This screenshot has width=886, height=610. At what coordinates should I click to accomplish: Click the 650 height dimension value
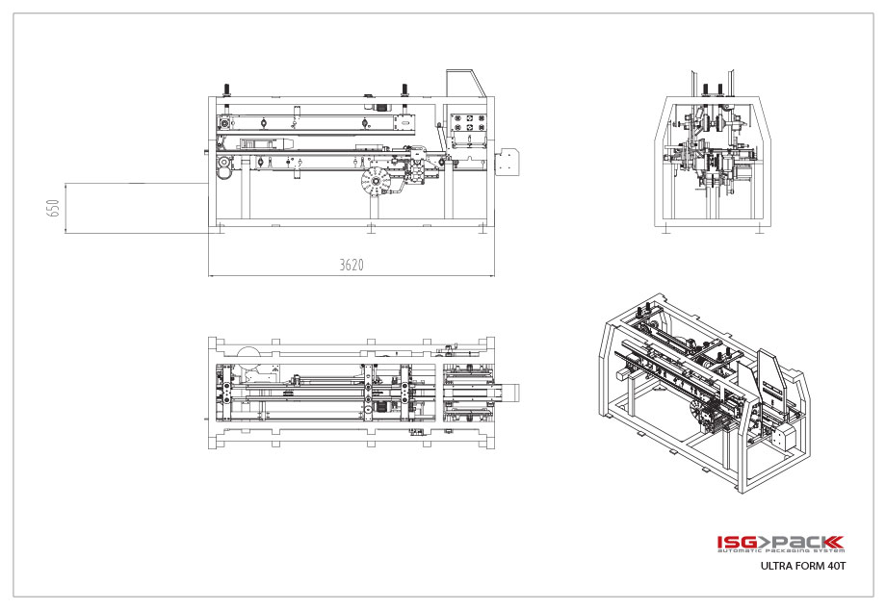(x=54, y=208)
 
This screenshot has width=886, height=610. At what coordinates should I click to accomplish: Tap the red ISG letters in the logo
(x=737, y=543)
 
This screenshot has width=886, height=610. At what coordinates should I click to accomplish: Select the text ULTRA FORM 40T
(x=802, y=567)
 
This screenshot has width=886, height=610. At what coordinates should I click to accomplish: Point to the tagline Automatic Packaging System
(x=780, y=553)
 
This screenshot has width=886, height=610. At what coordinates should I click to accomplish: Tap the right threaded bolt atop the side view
(x=404, y=90)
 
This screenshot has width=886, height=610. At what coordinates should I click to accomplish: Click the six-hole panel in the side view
(x=470, y=124)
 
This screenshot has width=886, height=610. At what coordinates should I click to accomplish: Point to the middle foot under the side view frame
(x=372, y=228)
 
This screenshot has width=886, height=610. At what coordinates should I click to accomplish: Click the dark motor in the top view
(x=378, y=407)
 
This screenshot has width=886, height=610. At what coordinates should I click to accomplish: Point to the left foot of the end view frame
(x=664, y=228)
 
